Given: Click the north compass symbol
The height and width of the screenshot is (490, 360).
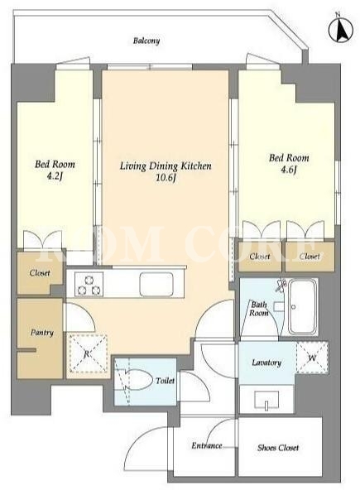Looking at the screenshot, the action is pyautogui.click(x=340, y=28).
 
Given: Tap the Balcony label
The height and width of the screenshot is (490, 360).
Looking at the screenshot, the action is pyautogui.click(x=146, y=41).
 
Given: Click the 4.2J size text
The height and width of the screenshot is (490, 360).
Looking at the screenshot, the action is pyautogui.click(x=55, y=176).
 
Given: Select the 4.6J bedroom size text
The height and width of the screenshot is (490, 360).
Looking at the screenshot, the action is pyautogui.click(x=289, y=170).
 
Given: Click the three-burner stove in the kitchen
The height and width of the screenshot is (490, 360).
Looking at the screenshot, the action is pyautogui.click(x=89, y=284).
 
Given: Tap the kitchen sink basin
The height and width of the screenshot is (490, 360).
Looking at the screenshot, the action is pyautogui.click(x=156, y=284).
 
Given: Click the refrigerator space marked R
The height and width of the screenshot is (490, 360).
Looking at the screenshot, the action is pyautogui.click(x=88, y=353).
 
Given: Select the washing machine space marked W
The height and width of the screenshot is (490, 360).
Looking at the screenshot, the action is pyautogui.click(x=312, y=358).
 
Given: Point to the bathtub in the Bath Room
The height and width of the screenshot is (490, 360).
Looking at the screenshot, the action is pyautogui.click(x=302, y=307).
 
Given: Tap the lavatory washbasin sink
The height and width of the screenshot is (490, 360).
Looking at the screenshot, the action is pyautogui.click(x=266, y=400).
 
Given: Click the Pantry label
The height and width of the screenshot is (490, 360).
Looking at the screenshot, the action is pyautogui.click(x=42, y=333).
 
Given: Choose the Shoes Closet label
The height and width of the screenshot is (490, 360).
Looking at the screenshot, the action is pyautogui.click(x=278, y=448).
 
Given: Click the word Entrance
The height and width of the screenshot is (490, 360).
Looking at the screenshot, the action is pyautogui.click(x=207, y=445).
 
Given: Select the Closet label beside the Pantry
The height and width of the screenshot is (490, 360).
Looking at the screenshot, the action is pyautogui.click(x=40, y=273).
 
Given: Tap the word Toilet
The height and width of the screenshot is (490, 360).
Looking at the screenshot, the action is pyautogui.click(x=165, y=381).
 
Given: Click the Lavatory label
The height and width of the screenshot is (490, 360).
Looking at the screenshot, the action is pyautogui.click(x=266, y=363).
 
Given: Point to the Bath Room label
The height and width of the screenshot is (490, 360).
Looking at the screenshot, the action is pyautogui.click(x=259, y=309).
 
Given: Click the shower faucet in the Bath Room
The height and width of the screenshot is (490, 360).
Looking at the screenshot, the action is pyautogui.click(x=282, y=285).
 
